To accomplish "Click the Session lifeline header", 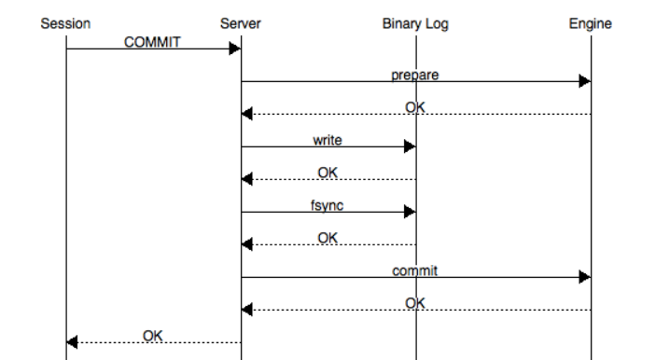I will (65, 24).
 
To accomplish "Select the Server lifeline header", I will (241, 24).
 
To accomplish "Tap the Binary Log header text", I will (415, 24).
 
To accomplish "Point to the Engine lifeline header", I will (590, 24).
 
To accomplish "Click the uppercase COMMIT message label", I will (152, 42).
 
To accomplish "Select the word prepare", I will (415, 75).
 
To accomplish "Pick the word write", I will (328, 140).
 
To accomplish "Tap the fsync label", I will (328, 205).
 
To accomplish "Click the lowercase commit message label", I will (415, 270).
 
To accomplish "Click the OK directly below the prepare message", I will (415, 108).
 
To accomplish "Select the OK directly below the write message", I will (328, 173).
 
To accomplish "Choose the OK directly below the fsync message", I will (328, 238).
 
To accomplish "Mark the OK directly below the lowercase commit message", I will (415, 303).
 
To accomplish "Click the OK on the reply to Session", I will (153, 335).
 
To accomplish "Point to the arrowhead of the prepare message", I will (584, 81).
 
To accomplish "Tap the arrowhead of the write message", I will (410, 146).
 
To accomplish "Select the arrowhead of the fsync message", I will (410, 212).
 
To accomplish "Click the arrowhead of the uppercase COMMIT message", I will (235, 48).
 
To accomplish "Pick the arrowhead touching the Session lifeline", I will (72, 342).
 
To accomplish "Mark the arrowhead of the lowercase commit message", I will (584, 277).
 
